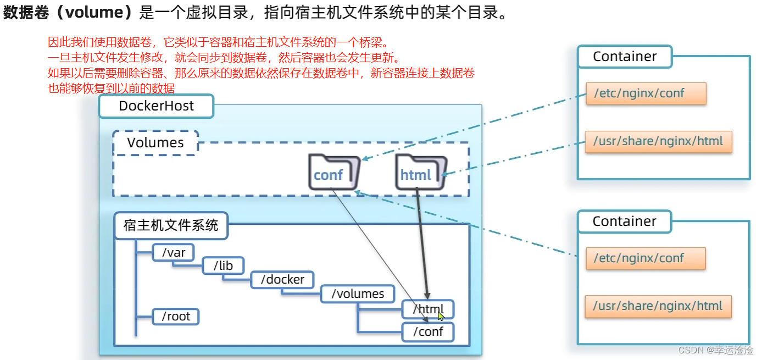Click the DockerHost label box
(156, 106)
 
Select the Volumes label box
(155, 143)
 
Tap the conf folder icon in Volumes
(332, 172)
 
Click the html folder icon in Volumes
(419, 172)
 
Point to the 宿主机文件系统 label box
(171, 225)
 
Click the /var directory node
(173, 253)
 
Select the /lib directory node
(223, 266)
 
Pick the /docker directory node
(282, 280)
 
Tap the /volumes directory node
(357, 294)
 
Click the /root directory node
(175, 317)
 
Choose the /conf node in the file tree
(427, 332)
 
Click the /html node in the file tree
(427, 309)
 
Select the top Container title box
(625, 57)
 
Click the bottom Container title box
(624, 221)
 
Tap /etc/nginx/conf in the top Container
(646, 93)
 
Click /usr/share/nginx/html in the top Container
(659, 141)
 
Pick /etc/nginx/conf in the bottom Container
(646, 258)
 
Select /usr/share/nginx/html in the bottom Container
(658, 306)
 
